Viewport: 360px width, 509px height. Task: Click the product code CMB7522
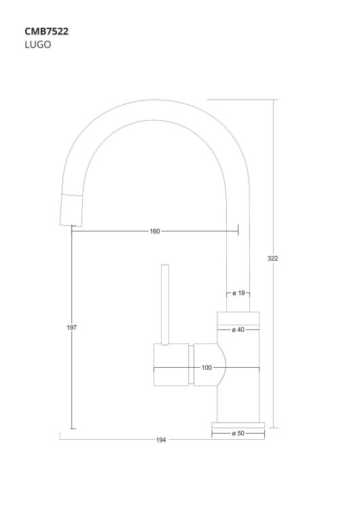[47, 31]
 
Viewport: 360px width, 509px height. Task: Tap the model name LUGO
[38, 45]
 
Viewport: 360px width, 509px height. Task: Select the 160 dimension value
[155, 231]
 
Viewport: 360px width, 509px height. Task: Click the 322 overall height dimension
[273, 258]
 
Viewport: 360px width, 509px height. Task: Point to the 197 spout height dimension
[72, 328]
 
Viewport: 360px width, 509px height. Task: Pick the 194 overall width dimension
[161, 440]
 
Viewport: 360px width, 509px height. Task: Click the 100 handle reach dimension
[206, 368]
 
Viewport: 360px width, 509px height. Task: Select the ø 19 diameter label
[238, 293]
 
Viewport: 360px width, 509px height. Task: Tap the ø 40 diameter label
[238, 330]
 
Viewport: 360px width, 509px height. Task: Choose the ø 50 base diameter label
[238, 433]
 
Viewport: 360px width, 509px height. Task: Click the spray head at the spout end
[71, 209]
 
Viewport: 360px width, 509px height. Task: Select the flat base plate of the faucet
[238, 424]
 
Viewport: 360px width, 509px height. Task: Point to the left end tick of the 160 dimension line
[71, 231]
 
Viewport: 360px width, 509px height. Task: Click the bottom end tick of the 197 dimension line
[72, 428]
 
